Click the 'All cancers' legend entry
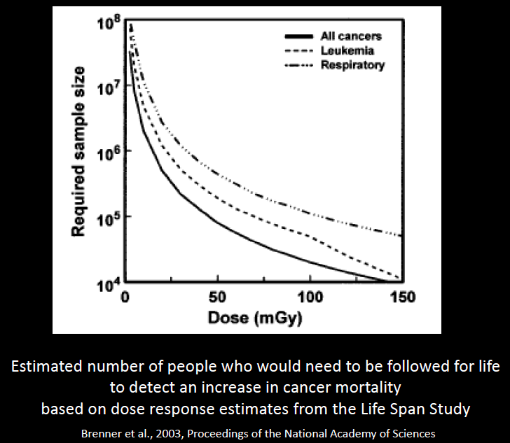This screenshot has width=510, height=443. pyautogui.click(x=350, y=36)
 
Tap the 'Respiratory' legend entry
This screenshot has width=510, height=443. pyautogui.click(x=352, y=65)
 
